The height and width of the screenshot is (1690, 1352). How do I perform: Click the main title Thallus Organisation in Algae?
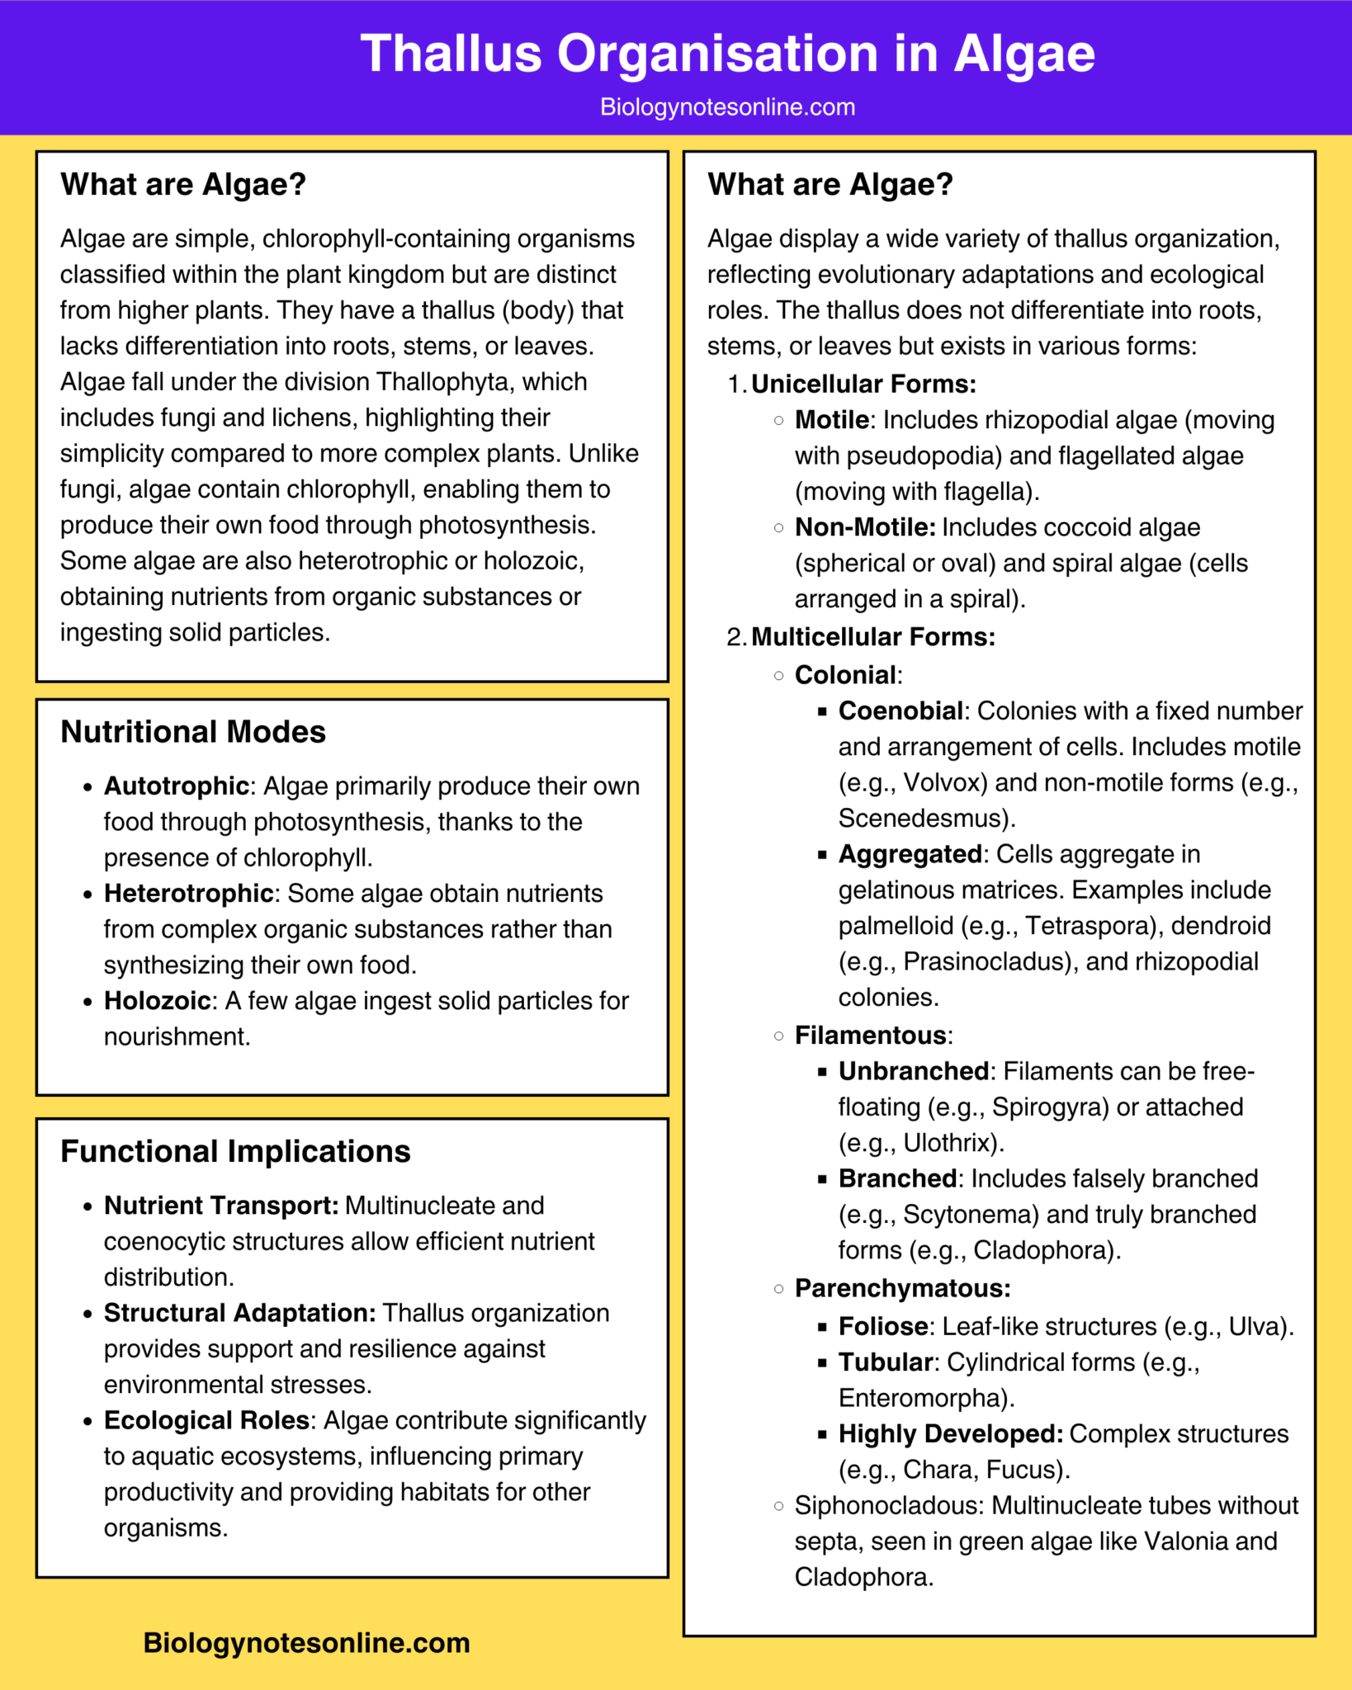(x=727, y=54)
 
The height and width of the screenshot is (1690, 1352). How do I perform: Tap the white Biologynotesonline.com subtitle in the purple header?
(x=727, y=107)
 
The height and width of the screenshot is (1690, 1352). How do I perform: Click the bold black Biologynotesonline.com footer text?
(x=306, y=1642)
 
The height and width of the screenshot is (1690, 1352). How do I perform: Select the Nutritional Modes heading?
(x=193, y=732)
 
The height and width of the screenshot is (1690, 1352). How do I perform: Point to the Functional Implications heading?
(x=235, y=1151)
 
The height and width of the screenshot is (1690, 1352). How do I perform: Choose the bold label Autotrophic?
(x=176, y=786)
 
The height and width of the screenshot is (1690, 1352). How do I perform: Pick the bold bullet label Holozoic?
(x=157, y=1001)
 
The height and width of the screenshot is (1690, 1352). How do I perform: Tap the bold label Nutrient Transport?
(x=221, y=1206)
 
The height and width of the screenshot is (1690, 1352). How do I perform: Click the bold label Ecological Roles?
(x=206, y=1420)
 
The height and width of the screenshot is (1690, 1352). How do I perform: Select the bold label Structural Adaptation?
(x=239, y=1313)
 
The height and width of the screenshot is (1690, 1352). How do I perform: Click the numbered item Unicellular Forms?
(x=863, y=385)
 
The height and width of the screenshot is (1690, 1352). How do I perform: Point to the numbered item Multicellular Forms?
(x=873, y=637)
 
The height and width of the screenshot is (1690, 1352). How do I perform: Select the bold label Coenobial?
(x=901, y=711)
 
